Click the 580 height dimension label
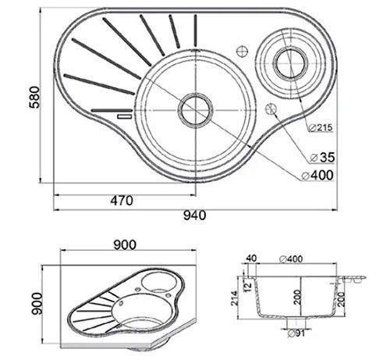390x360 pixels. (34, 97)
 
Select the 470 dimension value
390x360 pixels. (122, 201)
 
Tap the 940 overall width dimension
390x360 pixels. (194, 216)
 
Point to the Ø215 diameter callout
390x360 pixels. (321, 127)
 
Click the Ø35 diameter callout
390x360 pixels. (322, 157)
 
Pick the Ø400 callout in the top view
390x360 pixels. (317, 175)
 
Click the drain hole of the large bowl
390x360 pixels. (195, 110)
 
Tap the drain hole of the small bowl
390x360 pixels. (290, 62)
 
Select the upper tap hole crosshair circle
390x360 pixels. (242, 51)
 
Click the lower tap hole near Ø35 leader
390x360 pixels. (271, 109)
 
